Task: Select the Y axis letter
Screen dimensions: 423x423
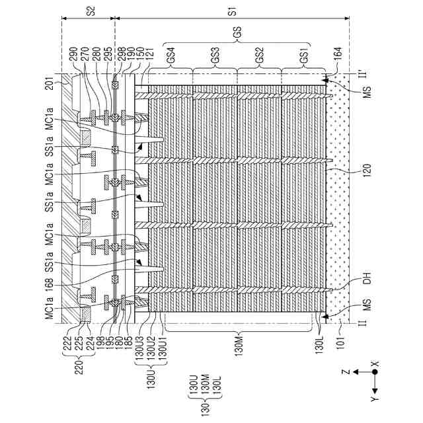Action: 375,399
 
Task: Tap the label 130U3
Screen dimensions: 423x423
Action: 140,347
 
